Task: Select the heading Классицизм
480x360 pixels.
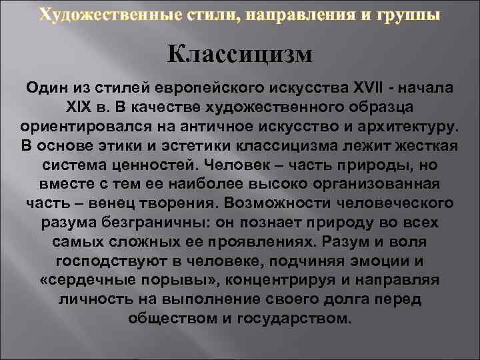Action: click(239, 53)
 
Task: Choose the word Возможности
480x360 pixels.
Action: click(278, 203)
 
